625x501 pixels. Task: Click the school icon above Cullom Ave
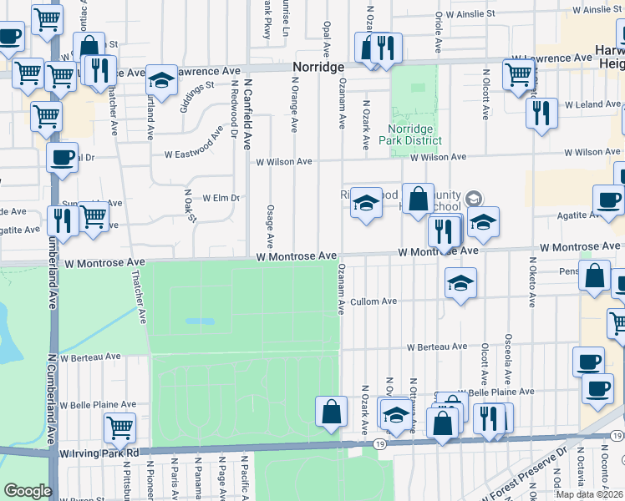[460, 284]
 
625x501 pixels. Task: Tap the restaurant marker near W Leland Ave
[542, 112]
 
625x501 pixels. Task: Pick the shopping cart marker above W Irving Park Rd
[120, 428]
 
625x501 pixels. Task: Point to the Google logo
[28, 491]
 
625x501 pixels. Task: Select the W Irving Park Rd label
[99, 452]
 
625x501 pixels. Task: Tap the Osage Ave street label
[270, 226]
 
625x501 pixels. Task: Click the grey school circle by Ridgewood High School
[474, 198]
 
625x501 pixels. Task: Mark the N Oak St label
[191, 205]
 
